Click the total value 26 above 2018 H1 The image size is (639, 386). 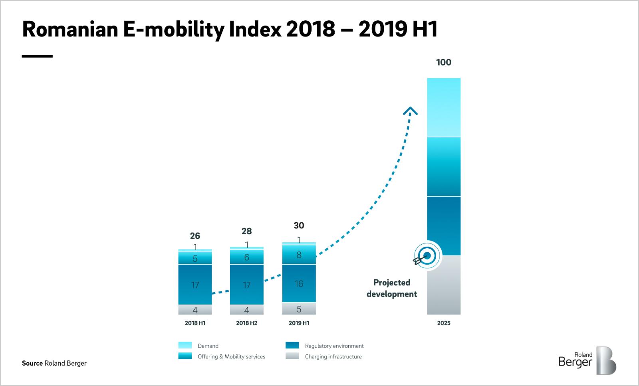[195, 236]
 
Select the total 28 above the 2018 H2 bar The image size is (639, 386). [246, 231]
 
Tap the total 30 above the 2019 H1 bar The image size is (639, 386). [299, 226]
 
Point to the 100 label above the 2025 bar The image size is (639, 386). [443, 62]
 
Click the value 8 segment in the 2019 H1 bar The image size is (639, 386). [299, 255]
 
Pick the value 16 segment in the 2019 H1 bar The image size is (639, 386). [299, 283]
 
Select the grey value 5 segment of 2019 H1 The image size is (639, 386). [299, 309]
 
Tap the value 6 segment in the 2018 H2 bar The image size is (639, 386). [246, 257]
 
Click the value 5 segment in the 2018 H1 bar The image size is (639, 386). [195, 259]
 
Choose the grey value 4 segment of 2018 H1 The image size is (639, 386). [195, 310]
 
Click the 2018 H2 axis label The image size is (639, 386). [246, 323]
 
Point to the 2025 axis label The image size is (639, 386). [443, 323]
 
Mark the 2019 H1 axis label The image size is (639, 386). [299, 323]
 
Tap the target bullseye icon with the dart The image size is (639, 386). [426, 255]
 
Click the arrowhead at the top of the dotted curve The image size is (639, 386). [410, 111]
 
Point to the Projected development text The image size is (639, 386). [392, 288]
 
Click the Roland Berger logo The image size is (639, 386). [587, 360]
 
